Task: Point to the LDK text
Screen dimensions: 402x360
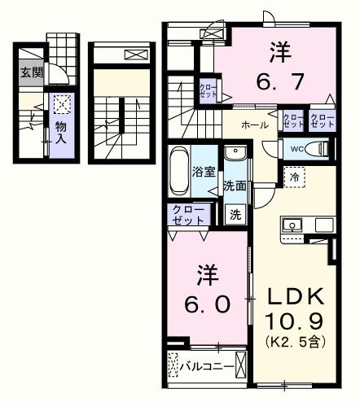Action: click(292, 296)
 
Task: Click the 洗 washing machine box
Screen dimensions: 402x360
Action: click(235, 216)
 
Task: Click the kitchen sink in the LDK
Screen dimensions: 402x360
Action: click(292, 224)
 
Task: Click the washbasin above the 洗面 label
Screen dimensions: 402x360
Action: click(235, 154)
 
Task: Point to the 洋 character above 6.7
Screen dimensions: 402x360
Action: click(275, 50)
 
